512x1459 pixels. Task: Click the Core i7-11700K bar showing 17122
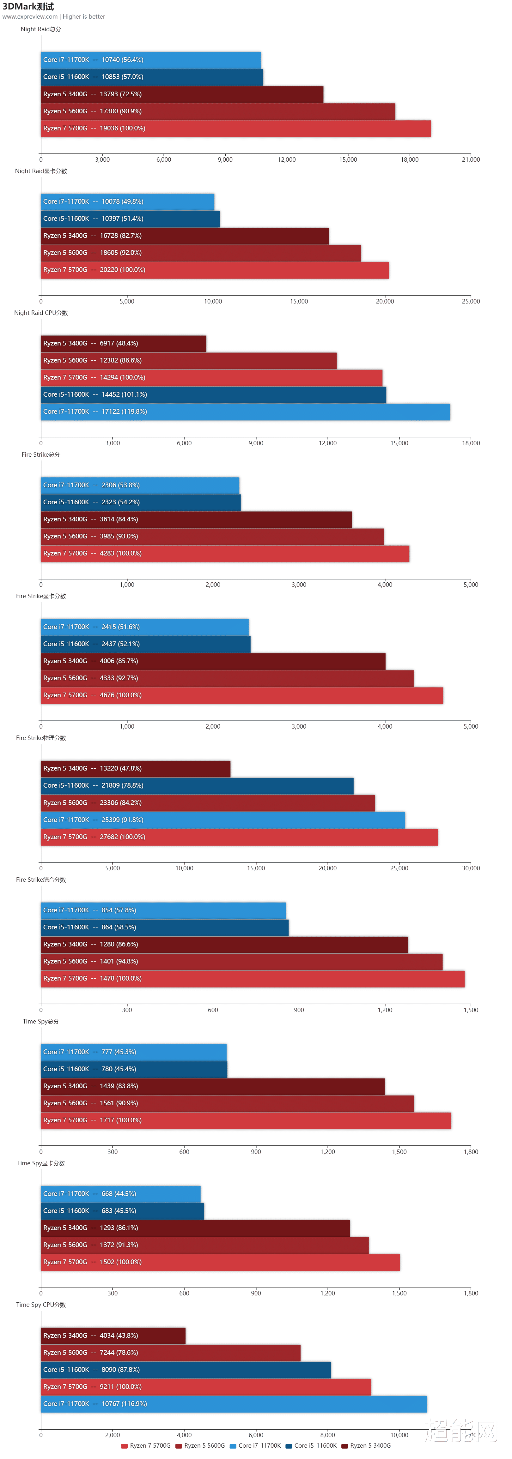[x=245, y=412]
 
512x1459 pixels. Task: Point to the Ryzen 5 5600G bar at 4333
[x=227, y=678]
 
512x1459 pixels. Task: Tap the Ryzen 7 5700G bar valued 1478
[x=252, y=978]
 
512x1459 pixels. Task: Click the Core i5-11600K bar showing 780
[x=134, y=1069]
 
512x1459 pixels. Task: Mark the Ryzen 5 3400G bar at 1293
[x=195, y=1227]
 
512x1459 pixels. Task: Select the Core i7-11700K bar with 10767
[x=234, y=1403]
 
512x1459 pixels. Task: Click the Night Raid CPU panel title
[x=41, y=313]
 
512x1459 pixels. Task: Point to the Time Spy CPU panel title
[x=41, y=1304]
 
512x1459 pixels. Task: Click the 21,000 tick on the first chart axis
[x=471, y=160]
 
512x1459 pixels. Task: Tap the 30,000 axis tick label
[x=471, y=868]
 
